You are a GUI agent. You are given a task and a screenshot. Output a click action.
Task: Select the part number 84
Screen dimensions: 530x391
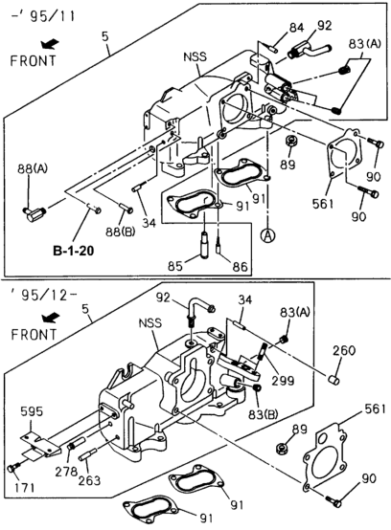[271, 27]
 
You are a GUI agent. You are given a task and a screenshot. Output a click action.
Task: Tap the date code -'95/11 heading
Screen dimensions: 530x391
[33, 11]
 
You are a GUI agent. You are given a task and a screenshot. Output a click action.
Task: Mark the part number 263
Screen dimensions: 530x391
[86, 481]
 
